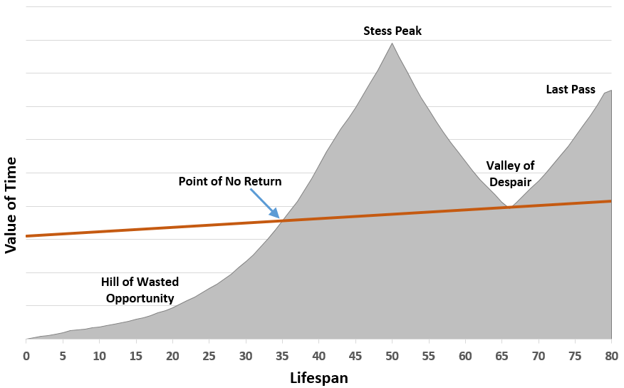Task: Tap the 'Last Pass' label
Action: pos(571,90)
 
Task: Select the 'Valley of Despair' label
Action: pos(510,173)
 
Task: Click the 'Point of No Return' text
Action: pos(230,181)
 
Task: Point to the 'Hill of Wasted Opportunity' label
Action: pos(140,290)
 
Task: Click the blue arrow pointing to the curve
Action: pos(264,204)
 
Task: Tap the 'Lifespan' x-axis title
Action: pos(319,377)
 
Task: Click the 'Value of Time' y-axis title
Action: pos(11,206)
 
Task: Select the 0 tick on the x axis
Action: pos(26,354)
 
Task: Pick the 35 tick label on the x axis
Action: pos(282,354)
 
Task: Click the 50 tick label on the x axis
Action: pos(392,354)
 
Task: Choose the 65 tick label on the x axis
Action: pos(501,354)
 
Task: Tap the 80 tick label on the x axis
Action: pos(611,354)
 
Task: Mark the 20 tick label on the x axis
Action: pos(172,354)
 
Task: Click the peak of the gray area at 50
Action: pos(392,44)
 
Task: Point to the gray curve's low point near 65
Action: pos(507,208)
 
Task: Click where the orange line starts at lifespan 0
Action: pos(26,235)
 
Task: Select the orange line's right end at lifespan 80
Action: pos(611,201)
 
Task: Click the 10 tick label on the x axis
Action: pos(99,354)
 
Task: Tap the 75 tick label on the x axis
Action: pos(575,354)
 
